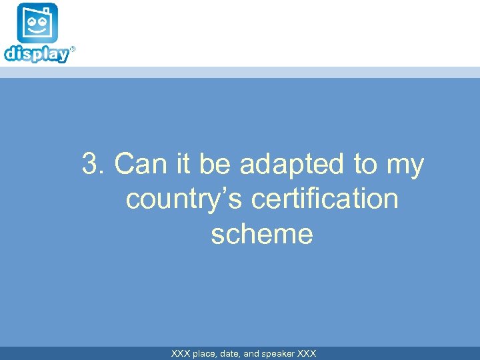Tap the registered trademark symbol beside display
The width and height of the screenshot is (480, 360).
click(x=73, y=49)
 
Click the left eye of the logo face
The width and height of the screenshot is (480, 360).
click(x=31, y=21)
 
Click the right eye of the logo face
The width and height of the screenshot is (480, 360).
click(x=43, y=21)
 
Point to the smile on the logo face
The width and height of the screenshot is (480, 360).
click(x=37, y=30)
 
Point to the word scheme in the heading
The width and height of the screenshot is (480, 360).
click(x=261, y=234)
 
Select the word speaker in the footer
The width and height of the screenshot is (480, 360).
click(x=278, y=354)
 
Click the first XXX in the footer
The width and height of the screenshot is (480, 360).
click(x=181, y=354)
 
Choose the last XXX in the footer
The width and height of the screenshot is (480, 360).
click(x=307, y=354)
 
